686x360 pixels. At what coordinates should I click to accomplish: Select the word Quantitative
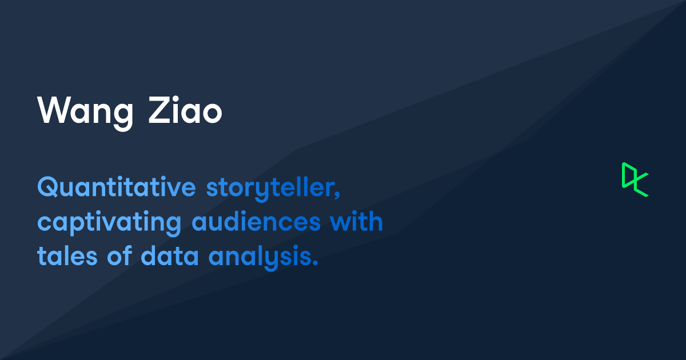pyautogui.click(x=117, y=186)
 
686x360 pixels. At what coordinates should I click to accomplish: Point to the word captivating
pyautogui.click(x=109, y=222)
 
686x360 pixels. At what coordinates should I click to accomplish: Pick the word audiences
pyautogui.click(x=256, y=221)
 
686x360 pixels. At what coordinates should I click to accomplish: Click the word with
pyautogui.click(x=357, y=221)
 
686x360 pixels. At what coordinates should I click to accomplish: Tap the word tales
pyautogui.click(x=67, y=255)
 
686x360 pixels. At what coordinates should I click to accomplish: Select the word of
pyautogui.click(x=119, y=255)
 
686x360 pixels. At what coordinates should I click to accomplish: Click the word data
pyautogui.click(x=170, y=255)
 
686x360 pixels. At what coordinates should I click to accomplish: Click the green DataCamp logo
pyautogui.click(x=635, y=179)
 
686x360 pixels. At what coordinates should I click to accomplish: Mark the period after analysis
pyautogui.click(x=315, y=262)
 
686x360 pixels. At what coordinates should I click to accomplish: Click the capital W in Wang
pyautogui.click(x=53, y=110)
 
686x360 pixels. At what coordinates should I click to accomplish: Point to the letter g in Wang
pyautogui.click(x=123, y=118)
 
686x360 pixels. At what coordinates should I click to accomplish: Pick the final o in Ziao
pyautogui.click(x=212, y=113)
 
